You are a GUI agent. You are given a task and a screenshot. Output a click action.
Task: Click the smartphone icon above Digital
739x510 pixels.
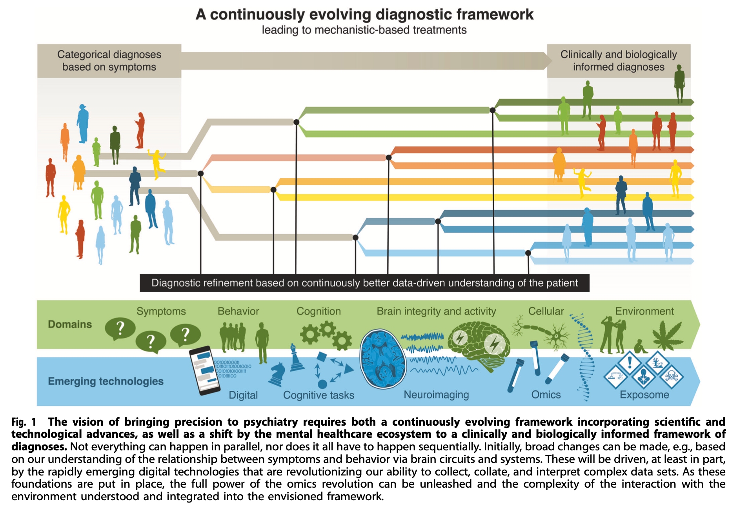pyautogui.click(x=202, y=370)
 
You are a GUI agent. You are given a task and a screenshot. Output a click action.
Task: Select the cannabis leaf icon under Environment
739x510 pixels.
pyautogui.click(x=667, y=336)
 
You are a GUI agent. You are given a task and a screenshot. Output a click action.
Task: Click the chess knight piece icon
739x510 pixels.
pyautogui.click(x=277, y=374)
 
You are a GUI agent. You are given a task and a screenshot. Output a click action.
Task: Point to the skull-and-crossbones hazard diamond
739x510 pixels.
pyautogui.click(x=672, y=377)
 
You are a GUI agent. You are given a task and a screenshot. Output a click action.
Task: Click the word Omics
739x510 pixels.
pyautogui.click(x=546, y=395)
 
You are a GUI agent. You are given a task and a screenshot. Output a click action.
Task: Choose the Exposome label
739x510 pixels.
pyautogui.click(x=644, y=395)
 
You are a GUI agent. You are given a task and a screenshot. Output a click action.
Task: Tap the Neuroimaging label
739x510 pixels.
pyautogui.click(x=436, y=395)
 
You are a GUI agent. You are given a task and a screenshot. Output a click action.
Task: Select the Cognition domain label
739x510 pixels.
pyautogui.click(x=319, y=311)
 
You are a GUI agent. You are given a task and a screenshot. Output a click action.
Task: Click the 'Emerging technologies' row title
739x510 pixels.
pyautogui.click(x=106, y=381)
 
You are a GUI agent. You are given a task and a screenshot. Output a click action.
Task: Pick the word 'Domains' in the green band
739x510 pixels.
pyautogui.click(x=70, y=324)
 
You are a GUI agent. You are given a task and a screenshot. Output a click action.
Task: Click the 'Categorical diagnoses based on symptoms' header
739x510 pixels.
pyautogui.click(x=109, y=61)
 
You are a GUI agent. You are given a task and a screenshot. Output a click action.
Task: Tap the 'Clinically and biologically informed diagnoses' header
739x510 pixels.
pyautogui.click(x=618, y=61)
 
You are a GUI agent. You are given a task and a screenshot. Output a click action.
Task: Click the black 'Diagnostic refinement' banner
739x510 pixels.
pyautogui.click(x=364, y=283)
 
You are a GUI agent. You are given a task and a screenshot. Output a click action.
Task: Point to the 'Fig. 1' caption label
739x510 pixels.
pyautogui.click(x=24, y=422)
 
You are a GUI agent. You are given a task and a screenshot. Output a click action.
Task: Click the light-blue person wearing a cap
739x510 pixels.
pyautogui.click(x=82, y=123)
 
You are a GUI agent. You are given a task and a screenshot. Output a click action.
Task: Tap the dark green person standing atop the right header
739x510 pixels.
pyautogui.click(x=679, y=84)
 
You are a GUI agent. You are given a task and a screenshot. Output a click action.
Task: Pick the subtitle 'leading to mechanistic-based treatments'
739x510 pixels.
pyautogui.click(x=364, y=30)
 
